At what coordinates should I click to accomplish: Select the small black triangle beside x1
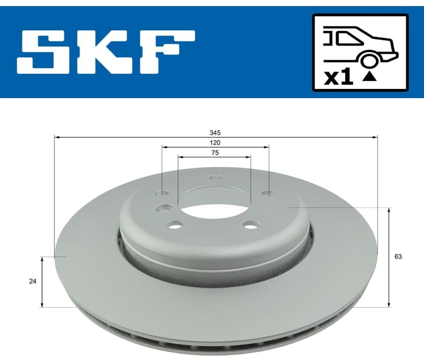coord(369,76)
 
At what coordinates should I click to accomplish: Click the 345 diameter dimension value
coord(215,133)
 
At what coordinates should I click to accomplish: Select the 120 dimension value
coord(215,143)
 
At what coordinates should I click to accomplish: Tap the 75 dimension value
coord(215,153)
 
